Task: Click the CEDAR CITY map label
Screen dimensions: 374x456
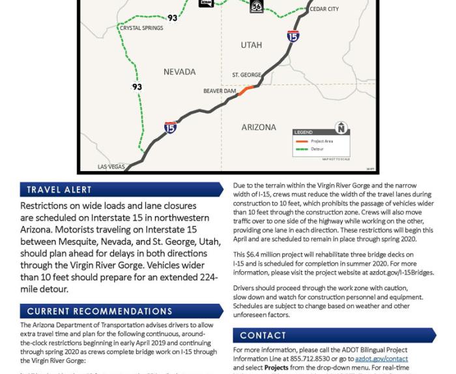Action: [324, 9]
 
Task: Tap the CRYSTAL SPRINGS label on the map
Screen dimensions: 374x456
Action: [141, 28]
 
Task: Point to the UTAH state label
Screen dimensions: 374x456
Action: [251, 45]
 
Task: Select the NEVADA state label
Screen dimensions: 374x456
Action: [179, 72]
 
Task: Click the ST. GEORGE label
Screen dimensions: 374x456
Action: [246, 75]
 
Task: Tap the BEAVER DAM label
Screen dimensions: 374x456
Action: [220, 91]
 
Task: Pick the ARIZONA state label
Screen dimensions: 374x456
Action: [259, 127]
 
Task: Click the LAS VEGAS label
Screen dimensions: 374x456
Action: [111, 167]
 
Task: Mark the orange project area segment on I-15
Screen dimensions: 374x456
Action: [246, 90]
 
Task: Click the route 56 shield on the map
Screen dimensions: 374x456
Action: [257, 7]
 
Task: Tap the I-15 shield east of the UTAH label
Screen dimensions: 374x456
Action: [293, 36]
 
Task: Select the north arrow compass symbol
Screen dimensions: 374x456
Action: [341, 127]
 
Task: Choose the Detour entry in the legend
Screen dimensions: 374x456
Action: [317, 149]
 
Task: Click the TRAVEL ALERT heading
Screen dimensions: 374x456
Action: [59, 190]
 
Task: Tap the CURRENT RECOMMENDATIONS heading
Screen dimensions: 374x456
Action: [100, 312]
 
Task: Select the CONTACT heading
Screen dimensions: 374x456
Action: [263, 336]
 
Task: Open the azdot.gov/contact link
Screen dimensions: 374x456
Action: [390, 359]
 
